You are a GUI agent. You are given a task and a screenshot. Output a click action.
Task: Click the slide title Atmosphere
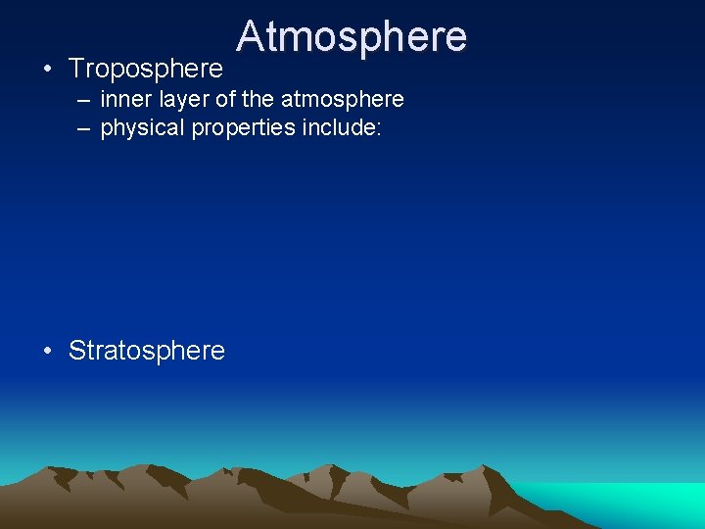pos(352,36)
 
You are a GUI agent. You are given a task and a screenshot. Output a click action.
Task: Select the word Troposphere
pos(146,69)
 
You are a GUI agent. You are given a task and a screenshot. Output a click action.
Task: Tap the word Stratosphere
pos(147,350)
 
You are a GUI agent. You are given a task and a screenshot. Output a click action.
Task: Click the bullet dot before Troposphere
pos(47,70)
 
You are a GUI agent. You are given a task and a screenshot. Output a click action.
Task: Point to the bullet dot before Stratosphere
pos(47,351)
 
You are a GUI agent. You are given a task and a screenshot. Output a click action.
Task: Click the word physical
pos(138,128)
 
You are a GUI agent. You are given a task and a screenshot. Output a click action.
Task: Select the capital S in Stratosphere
pos(77,350)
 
